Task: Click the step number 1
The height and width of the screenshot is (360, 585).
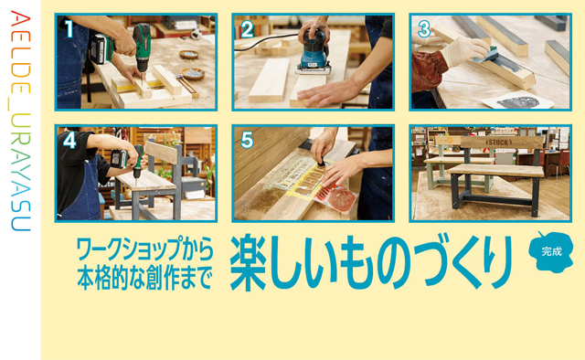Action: [x=69, y=29]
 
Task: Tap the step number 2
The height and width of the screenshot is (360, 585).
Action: [x=248, y=29]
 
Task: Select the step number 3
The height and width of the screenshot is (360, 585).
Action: [x=424, y=29]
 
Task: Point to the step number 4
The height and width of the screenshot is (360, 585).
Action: [x=69, y=141]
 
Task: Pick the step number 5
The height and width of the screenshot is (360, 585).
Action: [x=247, y=141]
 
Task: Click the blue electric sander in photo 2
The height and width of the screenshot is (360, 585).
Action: [x=314, y=53]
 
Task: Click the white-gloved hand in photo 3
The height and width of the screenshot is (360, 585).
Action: [x=465, y=51]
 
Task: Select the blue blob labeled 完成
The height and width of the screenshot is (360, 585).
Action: [x=550, y=252]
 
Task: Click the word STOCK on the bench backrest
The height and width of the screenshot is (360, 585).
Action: [x=497, y=143]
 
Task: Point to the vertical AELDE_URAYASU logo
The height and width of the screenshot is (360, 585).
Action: [x=19, y=121]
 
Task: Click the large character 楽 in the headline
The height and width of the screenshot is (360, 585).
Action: [x=249, y=262]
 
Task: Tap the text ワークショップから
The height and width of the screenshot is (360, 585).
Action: [x=144, y=249]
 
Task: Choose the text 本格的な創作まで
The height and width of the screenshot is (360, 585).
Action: [x=144, y=278]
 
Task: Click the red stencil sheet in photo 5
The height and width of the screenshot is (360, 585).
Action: [x=336, y=196]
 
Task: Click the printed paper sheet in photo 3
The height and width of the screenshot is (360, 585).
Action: [x=519, y=100]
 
